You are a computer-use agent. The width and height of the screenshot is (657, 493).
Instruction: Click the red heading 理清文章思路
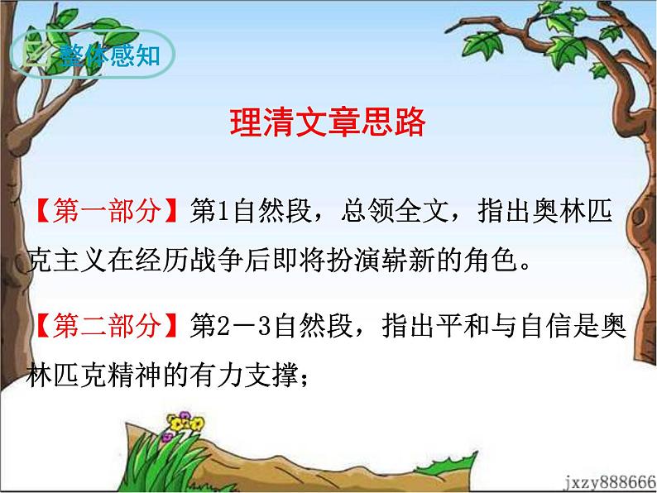pos(328,122)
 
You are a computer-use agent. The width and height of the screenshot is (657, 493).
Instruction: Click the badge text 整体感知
pos(110,55)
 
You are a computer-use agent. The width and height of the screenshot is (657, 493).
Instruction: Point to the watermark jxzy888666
pos(610,482)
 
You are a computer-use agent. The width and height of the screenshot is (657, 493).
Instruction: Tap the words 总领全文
pos(395,210)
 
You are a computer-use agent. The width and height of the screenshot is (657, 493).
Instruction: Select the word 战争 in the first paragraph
pos(217,260)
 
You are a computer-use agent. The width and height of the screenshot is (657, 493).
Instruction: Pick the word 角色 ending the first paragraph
pos(490,260)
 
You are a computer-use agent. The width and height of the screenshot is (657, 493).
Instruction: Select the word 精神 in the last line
pos(134,375)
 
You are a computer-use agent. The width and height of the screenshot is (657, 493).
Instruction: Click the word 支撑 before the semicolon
pos(271,375)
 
